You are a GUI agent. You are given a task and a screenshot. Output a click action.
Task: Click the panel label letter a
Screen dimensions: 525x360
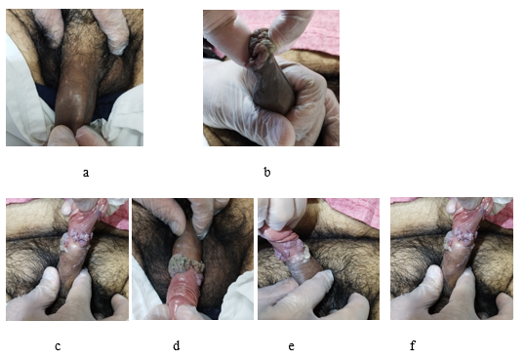(86, 173)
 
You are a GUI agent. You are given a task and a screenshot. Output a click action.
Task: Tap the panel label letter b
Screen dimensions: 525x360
(266, 172)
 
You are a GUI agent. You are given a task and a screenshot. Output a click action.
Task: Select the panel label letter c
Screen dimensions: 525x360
(58, 346)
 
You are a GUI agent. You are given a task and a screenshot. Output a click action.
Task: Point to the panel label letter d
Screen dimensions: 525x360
(177, 345)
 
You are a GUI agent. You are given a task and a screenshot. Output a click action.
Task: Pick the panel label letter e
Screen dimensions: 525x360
(292, 346)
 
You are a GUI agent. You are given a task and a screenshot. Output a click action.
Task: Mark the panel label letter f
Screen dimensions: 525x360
(413, 345)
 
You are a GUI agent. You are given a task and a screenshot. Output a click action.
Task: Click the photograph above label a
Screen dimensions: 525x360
(75, 77)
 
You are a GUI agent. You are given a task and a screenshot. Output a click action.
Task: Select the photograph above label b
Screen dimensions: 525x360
(271, 78)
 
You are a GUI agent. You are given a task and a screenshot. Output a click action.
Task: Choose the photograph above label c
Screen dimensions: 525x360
(67, 260)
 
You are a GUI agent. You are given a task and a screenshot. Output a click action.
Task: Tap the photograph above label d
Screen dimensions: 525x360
(192, 259)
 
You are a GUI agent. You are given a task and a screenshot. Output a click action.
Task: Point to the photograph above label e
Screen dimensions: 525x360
(319, 259)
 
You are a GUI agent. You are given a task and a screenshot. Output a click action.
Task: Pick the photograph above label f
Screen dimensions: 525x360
(452, 259)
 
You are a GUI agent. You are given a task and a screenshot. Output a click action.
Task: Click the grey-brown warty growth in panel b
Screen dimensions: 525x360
(261, 47)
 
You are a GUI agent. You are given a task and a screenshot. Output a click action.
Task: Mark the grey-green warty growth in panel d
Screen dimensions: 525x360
(185, 265)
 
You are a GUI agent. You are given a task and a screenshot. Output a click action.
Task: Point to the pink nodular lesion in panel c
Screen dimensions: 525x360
(78, 240)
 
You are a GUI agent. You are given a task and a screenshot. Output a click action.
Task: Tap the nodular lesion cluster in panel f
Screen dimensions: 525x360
(462, 240)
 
